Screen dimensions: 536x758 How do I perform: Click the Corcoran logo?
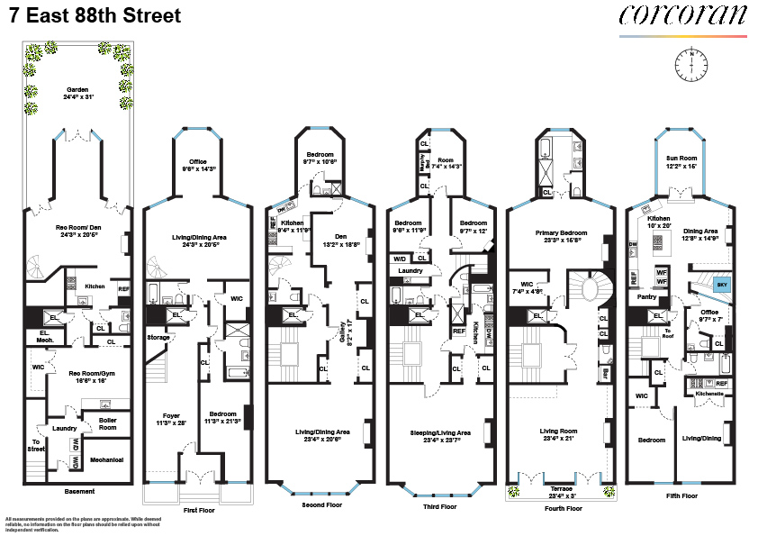(x=682, y=15)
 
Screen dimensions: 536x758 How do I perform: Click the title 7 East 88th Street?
(x=93, y=16)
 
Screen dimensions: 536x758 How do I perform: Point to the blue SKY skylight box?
(x=722, y=284)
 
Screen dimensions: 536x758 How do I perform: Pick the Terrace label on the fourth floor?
(x=560, y=490)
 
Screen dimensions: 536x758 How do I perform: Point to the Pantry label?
(x=646, y=295)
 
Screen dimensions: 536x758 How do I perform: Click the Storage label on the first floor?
(x=158, y=337)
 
